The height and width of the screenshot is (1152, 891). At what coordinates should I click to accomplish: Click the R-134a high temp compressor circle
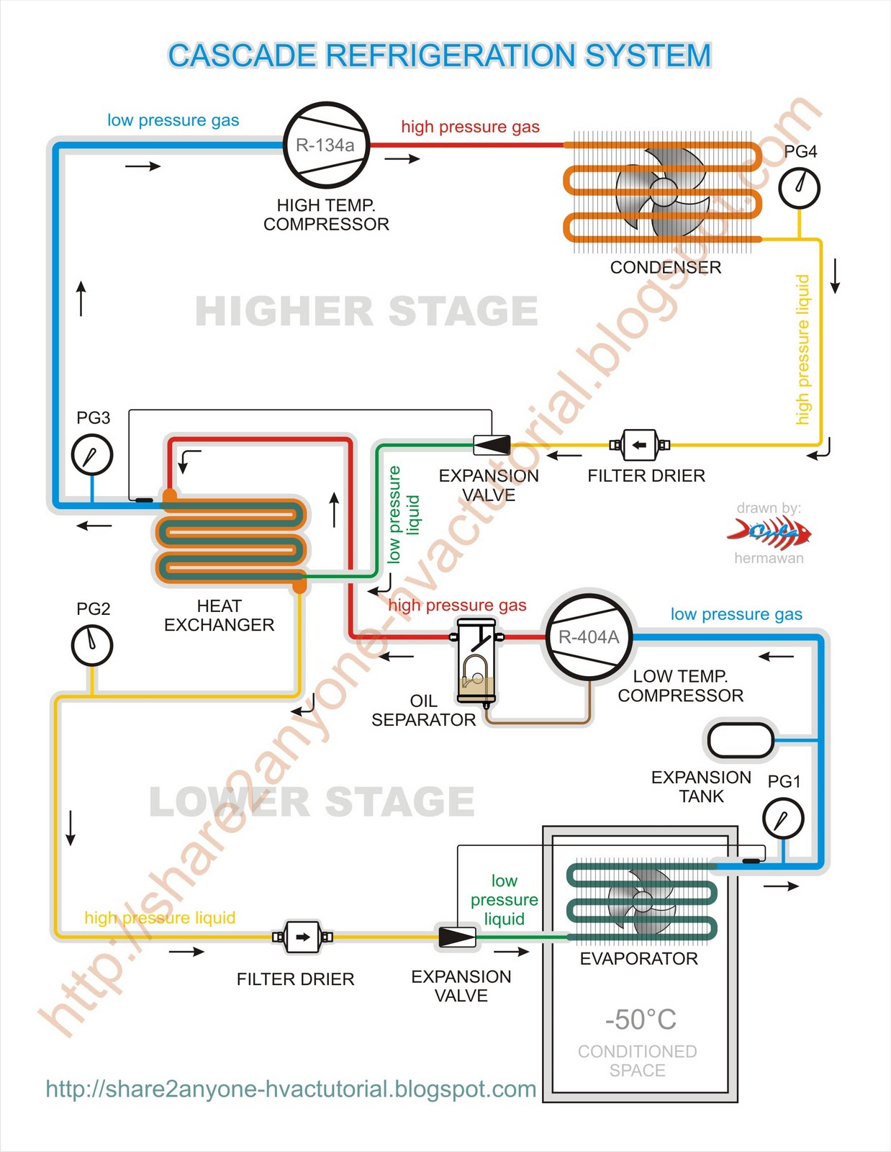point(326,145)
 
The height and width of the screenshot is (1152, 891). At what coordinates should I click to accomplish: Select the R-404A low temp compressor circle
point(589,637)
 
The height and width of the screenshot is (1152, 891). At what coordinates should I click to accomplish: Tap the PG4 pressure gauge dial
point(799,188)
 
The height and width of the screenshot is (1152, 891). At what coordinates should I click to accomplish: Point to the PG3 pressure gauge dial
point(92,455)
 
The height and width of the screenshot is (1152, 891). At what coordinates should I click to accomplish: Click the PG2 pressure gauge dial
point(92,645)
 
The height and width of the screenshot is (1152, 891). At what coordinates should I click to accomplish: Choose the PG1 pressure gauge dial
point(783,819)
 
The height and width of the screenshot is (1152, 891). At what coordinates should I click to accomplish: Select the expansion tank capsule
point(740,739)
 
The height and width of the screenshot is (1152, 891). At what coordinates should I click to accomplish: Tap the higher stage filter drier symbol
point(639,445)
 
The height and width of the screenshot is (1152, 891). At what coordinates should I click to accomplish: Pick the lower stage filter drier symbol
point(302,937)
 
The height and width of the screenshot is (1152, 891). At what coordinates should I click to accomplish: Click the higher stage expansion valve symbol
point(492,445)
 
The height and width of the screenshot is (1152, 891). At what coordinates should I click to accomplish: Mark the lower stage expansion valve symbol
point(457,937)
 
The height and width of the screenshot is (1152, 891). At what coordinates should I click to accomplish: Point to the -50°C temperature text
point(640,1020)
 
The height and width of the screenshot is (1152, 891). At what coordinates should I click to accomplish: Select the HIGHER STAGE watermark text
point(366,312)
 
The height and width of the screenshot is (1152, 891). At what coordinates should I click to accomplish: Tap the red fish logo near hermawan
point(769,533)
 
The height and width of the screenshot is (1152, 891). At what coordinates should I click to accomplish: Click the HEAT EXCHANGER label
point(219,616)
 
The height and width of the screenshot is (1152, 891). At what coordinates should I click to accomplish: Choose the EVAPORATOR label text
point(638,959)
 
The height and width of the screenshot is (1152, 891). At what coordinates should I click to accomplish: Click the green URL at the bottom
point(291,1089)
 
